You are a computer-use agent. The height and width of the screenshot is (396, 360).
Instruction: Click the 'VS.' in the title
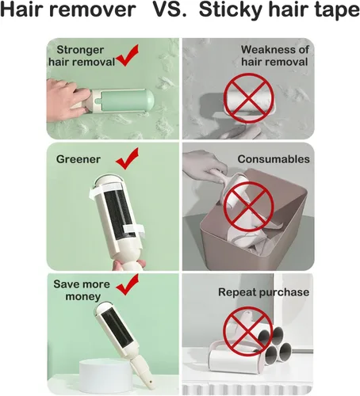pos(169,10)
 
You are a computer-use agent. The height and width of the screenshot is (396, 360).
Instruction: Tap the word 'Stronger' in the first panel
pos(80,50)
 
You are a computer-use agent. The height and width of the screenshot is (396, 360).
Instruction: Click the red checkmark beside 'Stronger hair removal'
pos(127,55)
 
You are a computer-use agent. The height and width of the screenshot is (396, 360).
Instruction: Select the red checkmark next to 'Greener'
pos(127,158)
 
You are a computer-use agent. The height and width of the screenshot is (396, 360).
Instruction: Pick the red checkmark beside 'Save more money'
pos(127,284)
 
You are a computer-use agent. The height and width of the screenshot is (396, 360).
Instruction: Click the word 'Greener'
pos(79,159)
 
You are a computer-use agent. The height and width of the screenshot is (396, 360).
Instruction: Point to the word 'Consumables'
pos(274,159)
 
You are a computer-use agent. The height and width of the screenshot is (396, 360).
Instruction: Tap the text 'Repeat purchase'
pos(263,292)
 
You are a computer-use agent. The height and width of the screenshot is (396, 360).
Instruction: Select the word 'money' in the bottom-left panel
pos(82,296)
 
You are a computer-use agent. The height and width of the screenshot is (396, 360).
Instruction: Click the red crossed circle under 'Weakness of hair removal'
pos(248,98)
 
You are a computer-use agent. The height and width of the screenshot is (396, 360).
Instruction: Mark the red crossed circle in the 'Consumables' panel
pos(248,207)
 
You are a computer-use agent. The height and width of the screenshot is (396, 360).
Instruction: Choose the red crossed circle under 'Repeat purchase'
pos(247,331)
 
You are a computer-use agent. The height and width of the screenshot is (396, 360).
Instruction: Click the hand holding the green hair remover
pos(66,100)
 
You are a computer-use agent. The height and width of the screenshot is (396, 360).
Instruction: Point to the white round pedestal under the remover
pos(106,375)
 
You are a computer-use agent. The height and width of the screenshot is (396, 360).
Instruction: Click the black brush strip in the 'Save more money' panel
pos(117,328)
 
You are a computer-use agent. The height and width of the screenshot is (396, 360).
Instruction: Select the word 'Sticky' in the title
pos(229,10)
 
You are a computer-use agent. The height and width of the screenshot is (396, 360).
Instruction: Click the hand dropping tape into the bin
pos(204,164)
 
